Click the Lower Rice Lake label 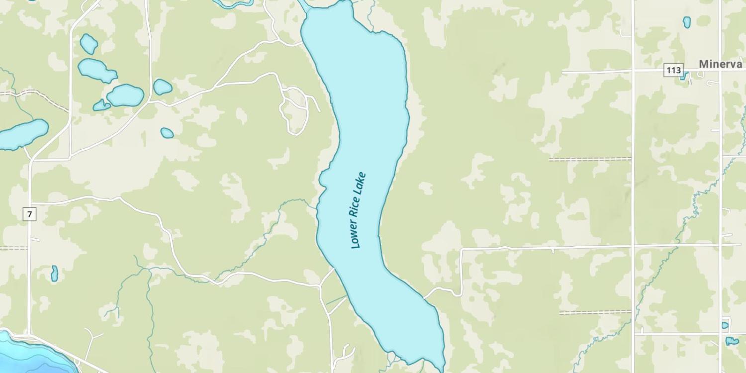pyautogui.click(x=358, y=210)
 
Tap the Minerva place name pyautogui.click(x=720, y=64)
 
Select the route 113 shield pyautogui.click(x=673, y=70)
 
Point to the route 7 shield pyautogui.click(x=30, y=214)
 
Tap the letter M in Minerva pyautogui.click(x=704, y=64)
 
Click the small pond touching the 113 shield pyautogui.click(x=684, y=76)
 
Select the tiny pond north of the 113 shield pyautogui.click(x=686, y=22)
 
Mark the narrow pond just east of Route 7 pyautogui.click(x=54, y=273)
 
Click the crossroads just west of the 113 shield pyautogui.click(x=633, y=71)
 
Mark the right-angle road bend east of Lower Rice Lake pyautogui.click(x=462, y=249)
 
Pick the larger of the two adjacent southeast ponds pyautogui.click(x=732, y=341)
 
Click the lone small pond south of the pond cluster pyautogui.click(x=167, y=133)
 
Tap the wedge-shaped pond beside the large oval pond pyautogui.click(x=101, y=105)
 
